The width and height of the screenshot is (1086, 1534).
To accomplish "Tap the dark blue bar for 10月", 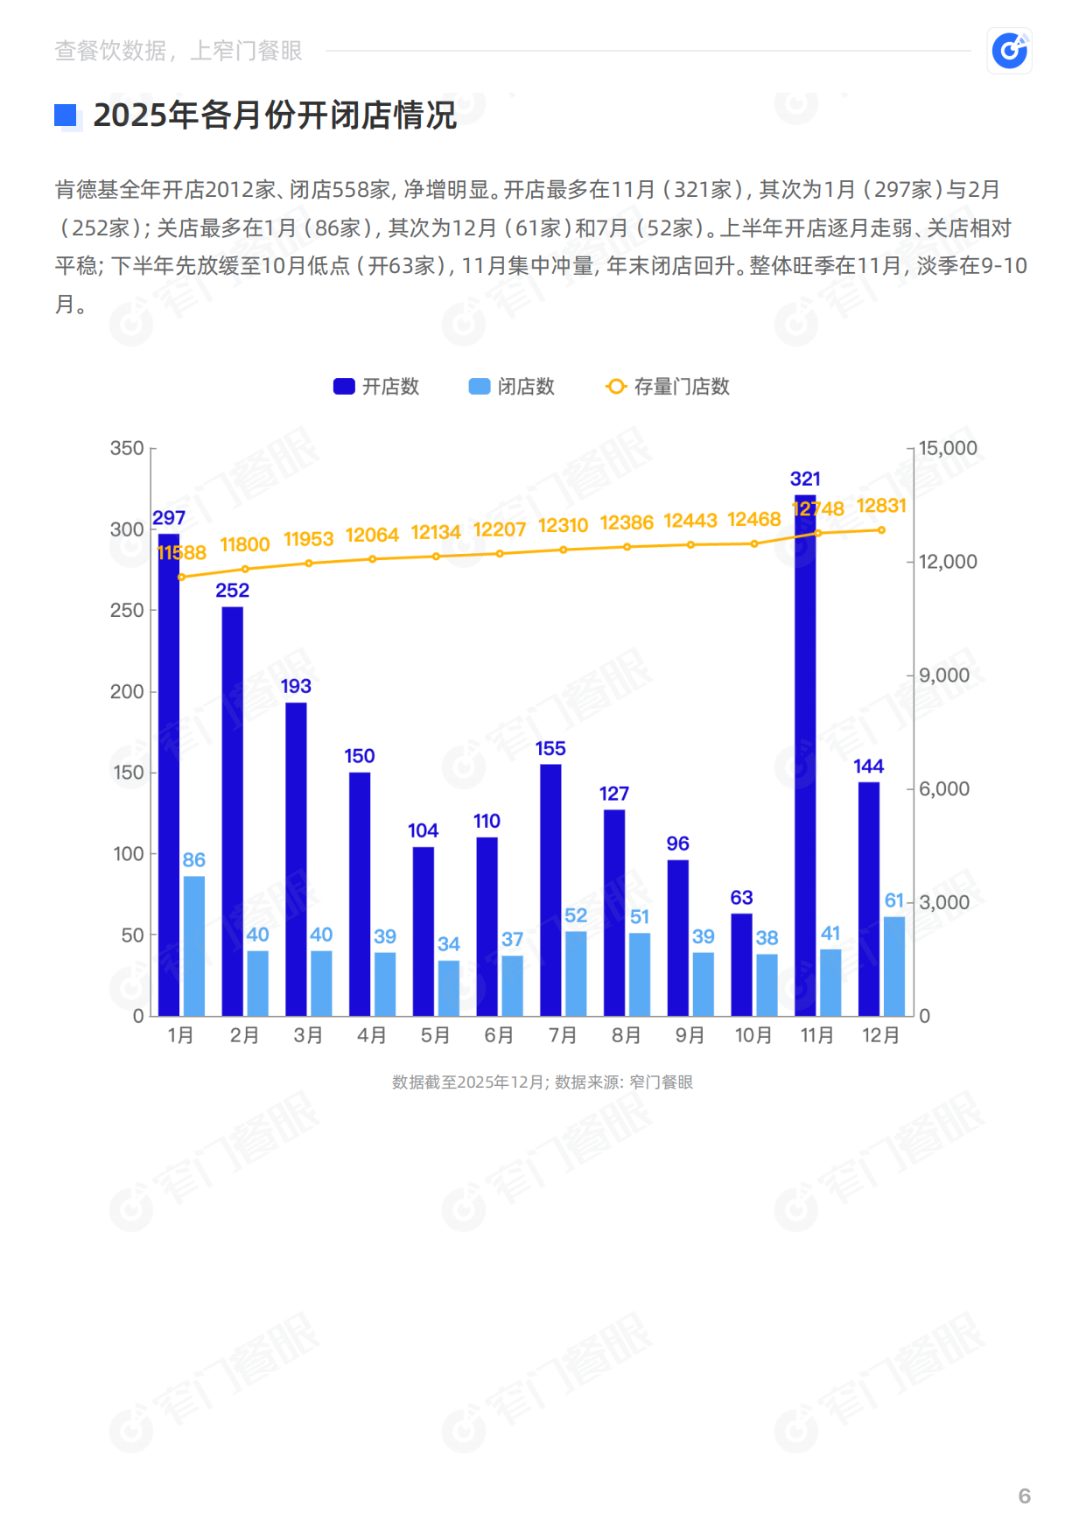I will [741, 964].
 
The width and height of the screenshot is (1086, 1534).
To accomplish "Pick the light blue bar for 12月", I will [893, 966].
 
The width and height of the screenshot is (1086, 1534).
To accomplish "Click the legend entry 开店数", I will [376, 387].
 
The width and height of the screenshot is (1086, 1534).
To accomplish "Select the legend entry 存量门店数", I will [668, 387].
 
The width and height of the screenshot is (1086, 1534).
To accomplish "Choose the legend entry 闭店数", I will [512, 387].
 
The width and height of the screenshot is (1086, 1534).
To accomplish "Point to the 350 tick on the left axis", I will [127, 448].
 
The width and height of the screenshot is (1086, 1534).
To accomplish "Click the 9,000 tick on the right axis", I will [943, 676].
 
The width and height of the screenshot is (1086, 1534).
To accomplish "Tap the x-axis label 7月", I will [563, 1035].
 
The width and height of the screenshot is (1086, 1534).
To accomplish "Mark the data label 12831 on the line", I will [880, 506].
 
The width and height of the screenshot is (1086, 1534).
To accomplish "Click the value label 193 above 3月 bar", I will [296, 686].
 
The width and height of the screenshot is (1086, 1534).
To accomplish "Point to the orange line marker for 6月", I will [500, 553].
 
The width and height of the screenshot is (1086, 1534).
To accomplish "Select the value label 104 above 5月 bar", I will [423, 830].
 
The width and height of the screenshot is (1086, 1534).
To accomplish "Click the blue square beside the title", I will [66, 116].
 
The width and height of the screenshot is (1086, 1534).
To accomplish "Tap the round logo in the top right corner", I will [1009, 51].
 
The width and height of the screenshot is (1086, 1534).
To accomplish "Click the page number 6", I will [1024, 1495].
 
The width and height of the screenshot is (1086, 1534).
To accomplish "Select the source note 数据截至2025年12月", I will [468, 1082].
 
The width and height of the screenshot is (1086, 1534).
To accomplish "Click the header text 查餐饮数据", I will [110, 51].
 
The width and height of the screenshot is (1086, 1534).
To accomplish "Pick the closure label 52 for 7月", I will [576, 915].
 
